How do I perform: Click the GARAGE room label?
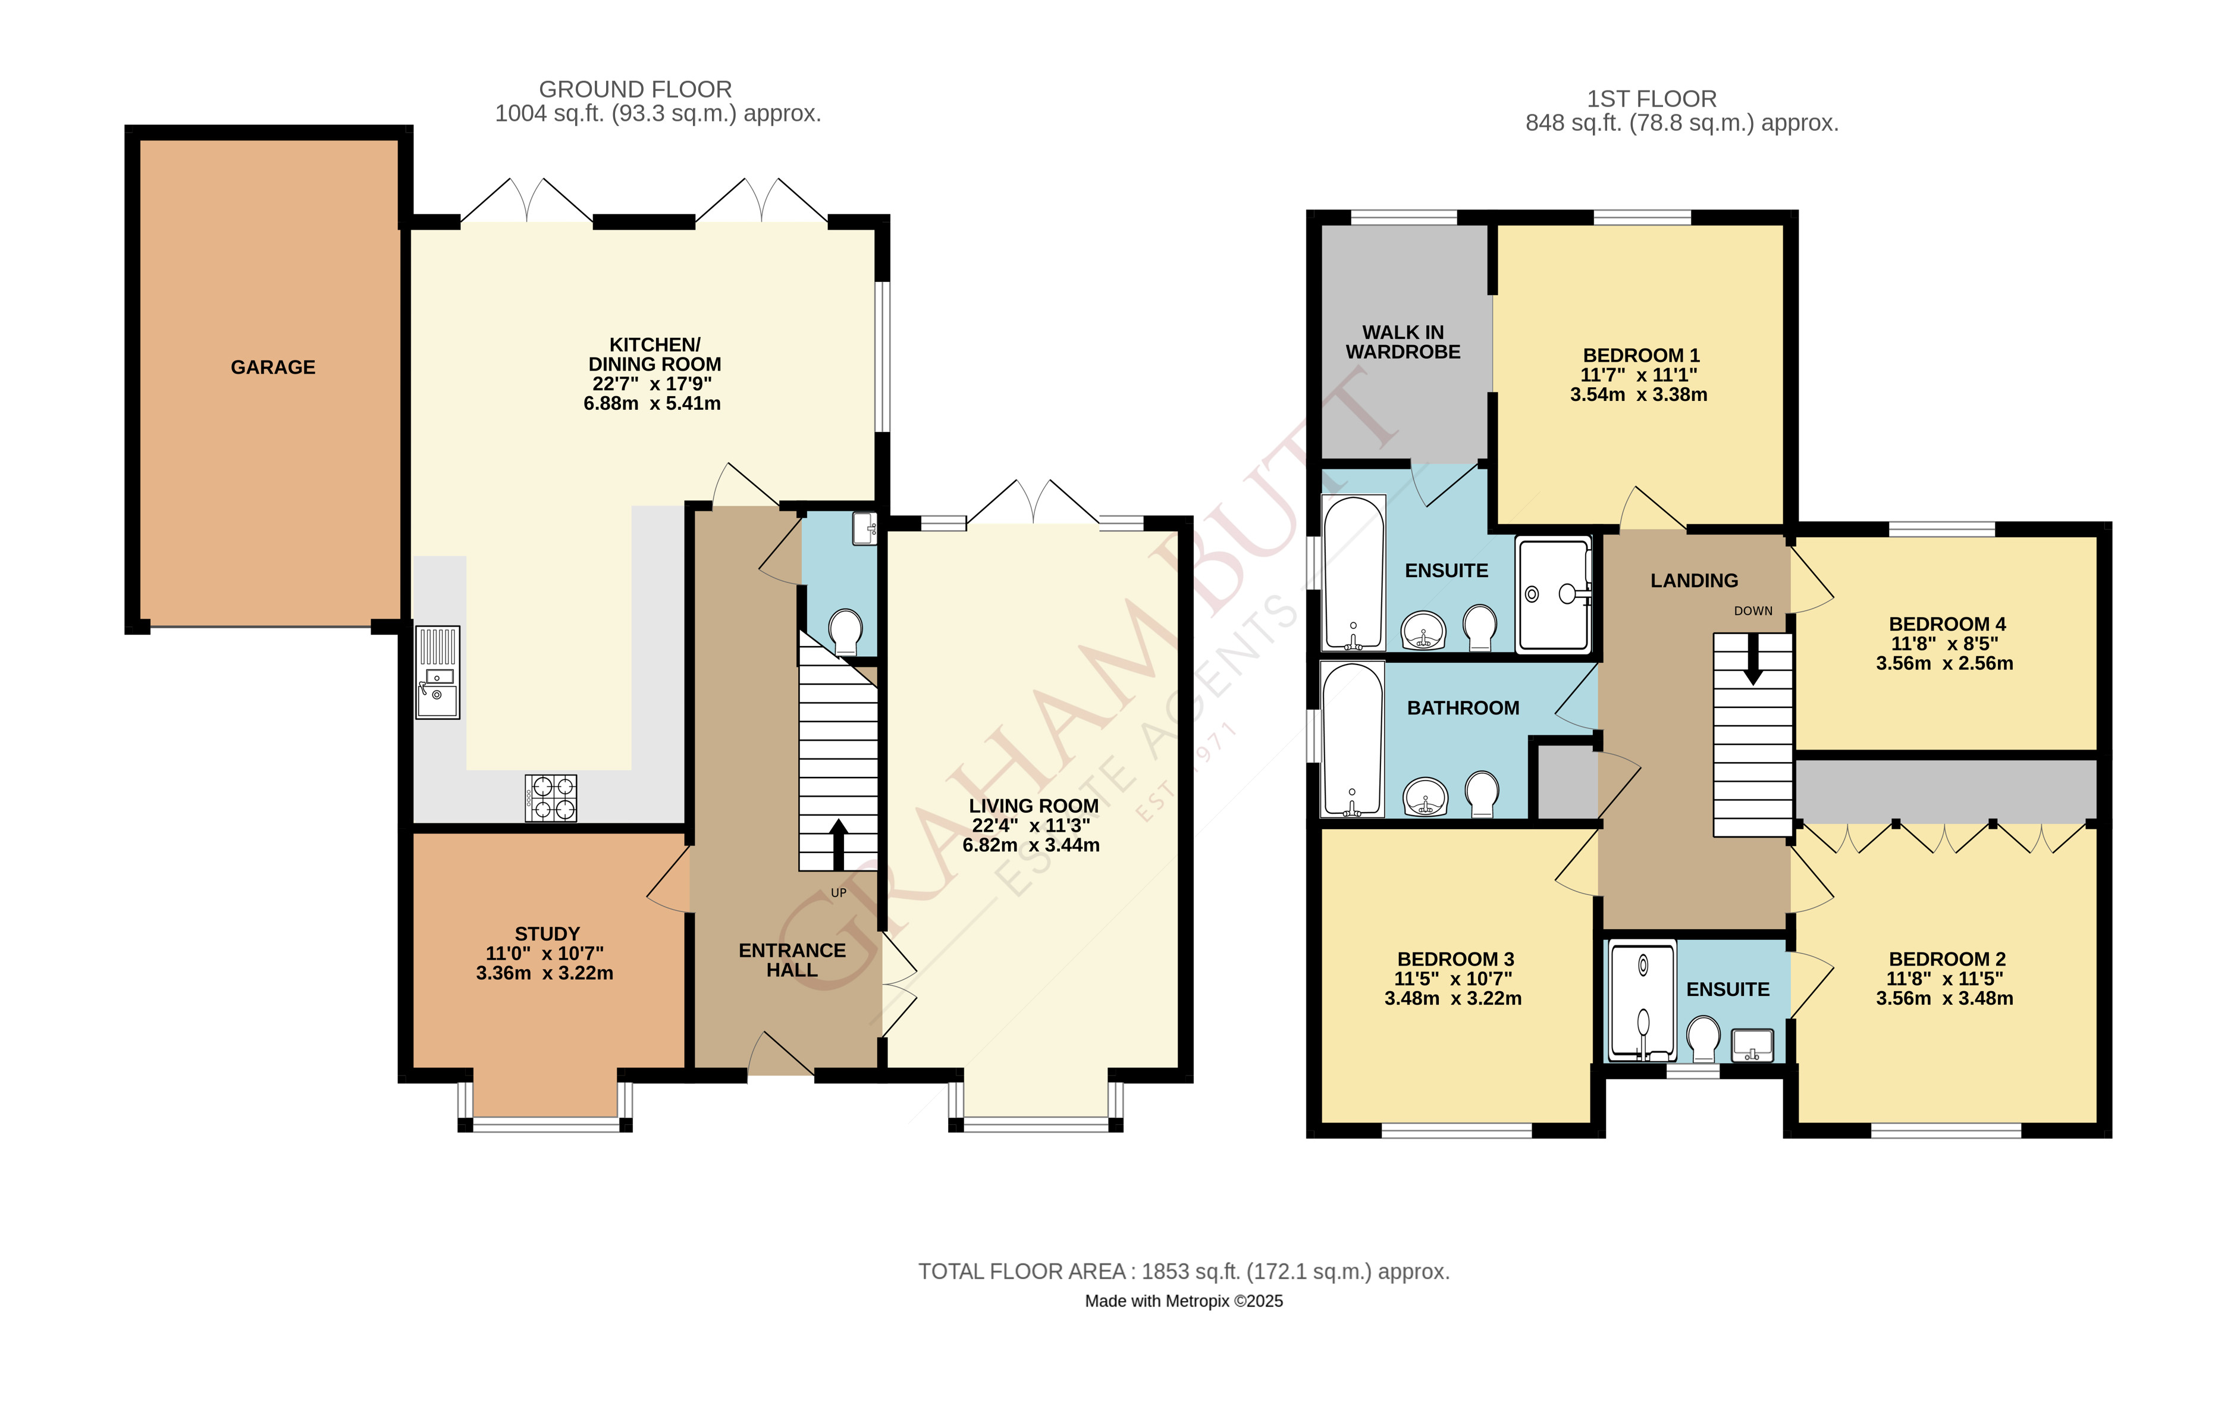point(273,368)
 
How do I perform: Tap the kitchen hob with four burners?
point(550,798)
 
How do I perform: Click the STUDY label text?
point(547,934)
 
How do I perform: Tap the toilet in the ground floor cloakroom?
point(845,631)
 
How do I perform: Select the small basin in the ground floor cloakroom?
point(864,528)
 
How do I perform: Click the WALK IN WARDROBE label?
point(1403,341)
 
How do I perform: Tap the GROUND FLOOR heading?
point(636,89)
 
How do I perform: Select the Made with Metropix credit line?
point(1184,1302)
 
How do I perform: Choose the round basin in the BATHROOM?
point(1425,797)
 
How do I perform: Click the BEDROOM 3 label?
point(1455,959)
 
